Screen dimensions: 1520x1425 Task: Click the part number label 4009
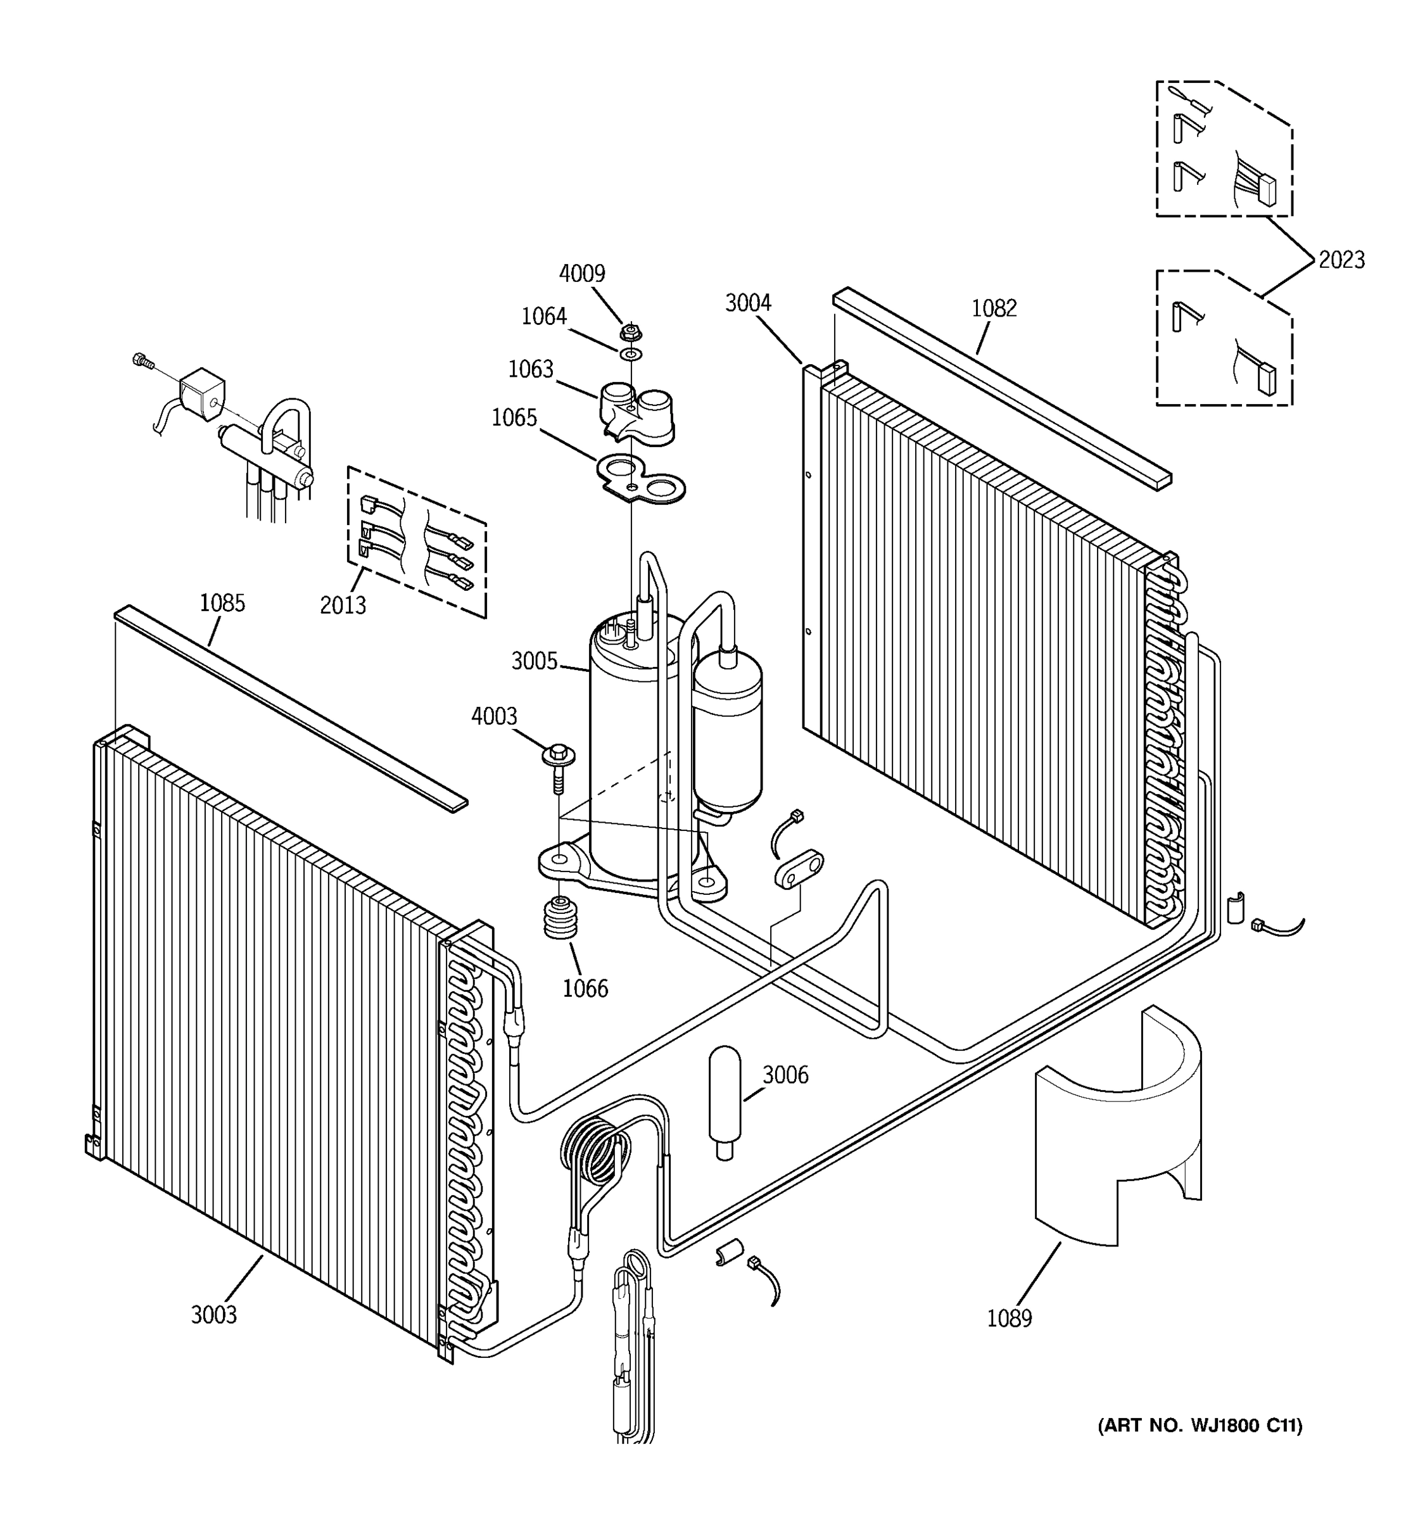[x=582, y=274]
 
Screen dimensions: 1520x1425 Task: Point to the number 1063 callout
[x=531, y=369]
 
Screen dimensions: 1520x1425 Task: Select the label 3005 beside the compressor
[x=535, y=661]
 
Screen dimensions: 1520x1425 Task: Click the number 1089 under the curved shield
[x=1009, y=1319]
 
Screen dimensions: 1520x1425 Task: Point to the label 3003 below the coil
[x=214, y=1315]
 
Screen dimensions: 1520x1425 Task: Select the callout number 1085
[x=222, y=604]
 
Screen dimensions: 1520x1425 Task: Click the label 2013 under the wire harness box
[x=343, y=605]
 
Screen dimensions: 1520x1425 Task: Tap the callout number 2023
[x=1341, y=261]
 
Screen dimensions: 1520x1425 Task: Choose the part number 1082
[x=994, y=308]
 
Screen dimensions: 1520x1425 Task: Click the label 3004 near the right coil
[x=748, y=303]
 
